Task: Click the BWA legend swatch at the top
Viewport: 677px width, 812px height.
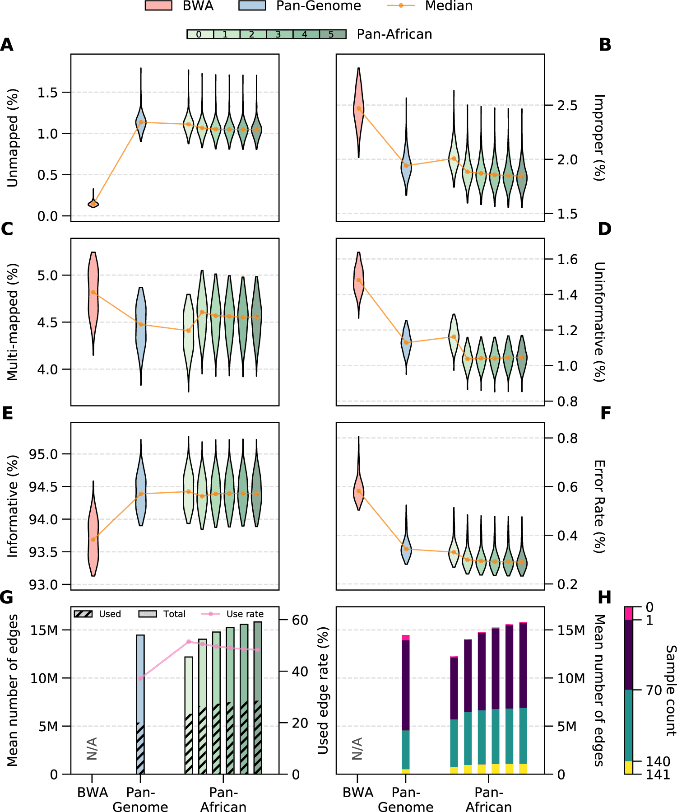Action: [x=158, y=6]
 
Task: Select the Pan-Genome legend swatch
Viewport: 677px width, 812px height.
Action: [x=252, y=6]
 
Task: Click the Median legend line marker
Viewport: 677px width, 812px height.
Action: [x=401, y=6]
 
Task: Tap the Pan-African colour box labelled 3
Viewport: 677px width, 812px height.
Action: [x=278, y=34]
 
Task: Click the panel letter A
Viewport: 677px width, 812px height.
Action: [x=7, y=45]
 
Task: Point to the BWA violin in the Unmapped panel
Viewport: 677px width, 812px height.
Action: [x=93, y=203]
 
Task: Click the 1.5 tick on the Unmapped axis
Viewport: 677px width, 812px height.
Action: [x=48, y=93]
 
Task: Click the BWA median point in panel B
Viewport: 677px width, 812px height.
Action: [x=359, y=108]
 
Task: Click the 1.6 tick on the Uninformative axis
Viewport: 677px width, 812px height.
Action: [x=567, y=259]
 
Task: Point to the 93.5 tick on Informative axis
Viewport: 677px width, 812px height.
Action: [x=43, y=552]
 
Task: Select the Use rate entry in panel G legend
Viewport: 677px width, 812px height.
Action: [x=245, y=614]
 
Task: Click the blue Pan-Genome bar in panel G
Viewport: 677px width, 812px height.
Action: [x=140, y=677]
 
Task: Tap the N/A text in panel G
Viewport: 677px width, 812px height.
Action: [x=92, y=748]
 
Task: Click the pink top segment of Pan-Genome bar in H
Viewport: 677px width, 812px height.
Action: [x=406, y=638]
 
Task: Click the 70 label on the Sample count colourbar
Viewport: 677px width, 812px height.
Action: [x=654, y=690]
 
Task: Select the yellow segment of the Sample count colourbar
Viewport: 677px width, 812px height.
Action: [x=629, y=767]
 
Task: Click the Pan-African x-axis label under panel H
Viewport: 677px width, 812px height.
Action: [x=489, y=799]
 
